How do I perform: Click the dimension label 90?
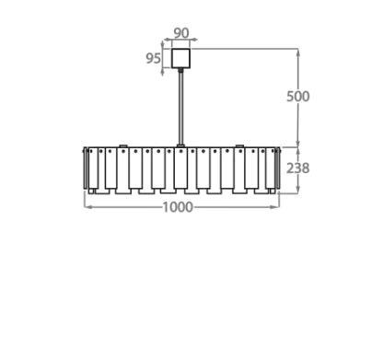point(181,33)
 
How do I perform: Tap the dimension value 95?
point(153,58)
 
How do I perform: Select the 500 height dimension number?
point(297,97)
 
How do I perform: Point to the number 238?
point(297,168)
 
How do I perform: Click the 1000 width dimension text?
point(178,207)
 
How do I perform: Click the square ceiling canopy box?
point(180,58)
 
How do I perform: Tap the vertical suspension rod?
point(181,108)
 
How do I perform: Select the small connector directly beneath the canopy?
point(181,70)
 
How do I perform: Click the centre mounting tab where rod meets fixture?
point(180,145)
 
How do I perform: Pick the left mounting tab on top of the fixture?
point(123,146)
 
